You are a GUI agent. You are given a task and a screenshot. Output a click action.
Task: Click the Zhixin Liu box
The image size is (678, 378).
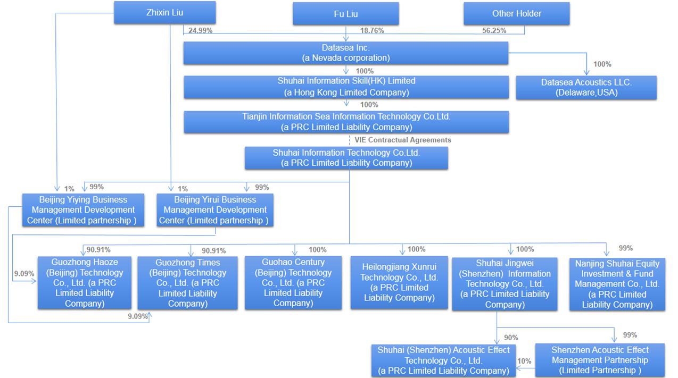(164, 12)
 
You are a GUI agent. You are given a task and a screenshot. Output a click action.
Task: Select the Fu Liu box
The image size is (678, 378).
(345, 14)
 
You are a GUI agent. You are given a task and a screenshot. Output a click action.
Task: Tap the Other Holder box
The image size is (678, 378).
(516, 14)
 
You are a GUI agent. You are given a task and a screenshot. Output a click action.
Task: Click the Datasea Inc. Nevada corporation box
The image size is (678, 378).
(346, 53)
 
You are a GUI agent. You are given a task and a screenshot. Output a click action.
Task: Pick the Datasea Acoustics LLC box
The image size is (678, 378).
(586, 88)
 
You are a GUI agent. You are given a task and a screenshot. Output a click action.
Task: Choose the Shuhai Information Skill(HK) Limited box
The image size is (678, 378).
(346, 87)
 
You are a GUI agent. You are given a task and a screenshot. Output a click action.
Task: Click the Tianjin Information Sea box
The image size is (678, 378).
(346, 122)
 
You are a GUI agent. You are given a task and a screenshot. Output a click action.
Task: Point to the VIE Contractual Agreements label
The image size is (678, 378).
(402, 140)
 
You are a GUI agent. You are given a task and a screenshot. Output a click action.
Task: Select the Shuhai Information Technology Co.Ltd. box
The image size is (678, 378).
(346, 158)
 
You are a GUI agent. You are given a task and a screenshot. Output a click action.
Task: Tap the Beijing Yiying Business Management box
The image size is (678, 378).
(83, 210)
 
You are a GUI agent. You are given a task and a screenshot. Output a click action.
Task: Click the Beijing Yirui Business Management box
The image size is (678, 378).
(215, 210)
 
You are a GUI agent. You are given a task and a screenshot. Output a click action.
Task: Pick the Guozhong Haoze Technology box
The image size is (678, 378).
(84, 283)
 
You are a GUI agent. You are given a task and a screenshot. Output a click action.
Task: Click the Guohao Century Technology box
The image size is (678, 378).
(293, 282)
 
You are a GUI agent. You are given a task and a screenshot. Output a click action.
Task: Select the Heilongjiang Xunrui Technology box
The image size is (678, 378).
(399, 282)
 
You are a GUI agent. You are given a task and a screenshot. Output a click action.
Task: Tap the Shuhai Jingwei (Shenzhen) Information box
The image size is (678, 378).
(505, 284)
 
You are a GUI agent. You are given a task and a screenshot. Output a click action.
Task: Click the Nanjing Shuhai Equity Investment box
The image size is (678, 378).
(617, 284)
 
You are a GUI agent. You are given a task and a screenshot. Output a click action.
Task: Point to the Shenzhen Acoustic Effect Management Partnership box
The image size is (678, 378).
(600, 360)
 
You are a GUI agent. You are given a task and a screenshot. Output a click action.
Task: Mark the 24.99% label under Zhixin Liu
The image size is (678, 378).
(200, 31)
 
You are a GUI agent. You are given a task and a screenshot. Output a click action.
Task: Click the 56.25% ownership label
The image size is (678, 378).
(494, 31)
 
